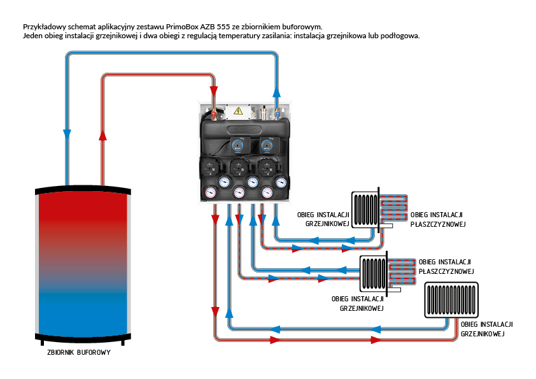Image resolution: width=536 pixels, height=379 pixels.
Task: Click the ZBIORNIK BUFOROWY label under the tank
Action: (79, 352)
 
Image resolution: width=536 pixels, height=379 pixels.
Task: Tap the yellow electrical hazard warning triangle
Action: (238, 111)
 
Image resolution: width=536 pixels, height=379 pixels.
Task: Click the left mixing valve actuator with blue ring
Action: (236, 145)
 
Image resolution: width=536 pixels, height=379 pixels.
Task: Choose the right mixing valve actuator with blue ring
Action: (265, 145)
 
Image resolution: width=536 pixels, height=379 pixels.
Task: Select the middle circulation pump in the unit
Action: (239, 169)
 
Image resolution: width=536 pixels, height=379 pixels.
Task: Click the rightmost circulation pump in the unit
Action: (267, 169)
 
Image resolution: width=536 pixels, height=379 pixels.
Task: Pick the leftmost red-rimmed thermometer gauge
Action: (211, 192)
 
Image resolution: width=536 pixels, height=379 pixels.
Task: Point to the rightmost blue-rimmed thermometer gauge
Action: (281, 182)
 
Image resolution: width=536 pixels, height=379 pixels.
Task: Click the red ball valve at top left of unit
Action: (215, 115)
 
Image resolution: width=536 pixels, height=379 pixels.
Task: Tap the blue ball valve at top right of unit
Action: (278, 115)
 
